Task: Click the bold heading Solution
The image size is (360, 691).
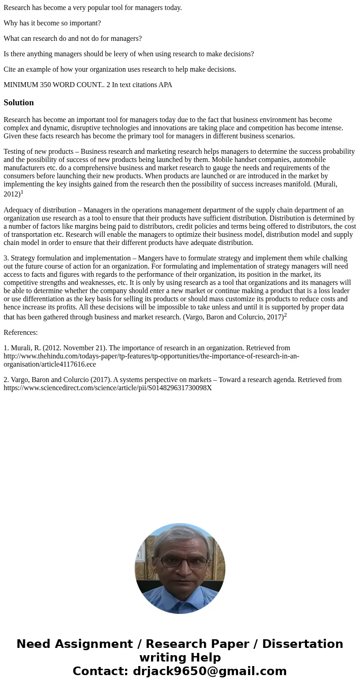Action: pos(19,103)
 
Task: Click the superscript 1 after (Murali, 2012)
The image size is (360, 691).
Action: pos(22,192)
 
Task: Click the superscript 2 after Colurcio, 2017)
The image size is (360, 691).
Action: pos(286,315)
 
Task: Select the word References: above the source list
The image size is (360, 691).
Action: pos(21,333)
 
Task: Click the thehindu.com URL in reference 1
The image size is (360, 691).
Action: pos(151,356)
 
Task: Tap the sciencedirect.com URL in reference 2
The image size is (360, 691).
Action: pos(107,388)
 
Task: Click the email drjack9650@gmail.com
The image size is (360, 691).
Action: pos(210,671)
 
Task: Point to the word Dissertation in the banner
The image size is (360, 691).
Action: pos(302,644)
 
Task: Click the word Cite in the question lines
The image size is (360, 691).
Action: pos(10,69)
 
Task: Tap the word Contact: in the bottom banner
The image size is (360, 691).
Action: pos(101,671)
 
